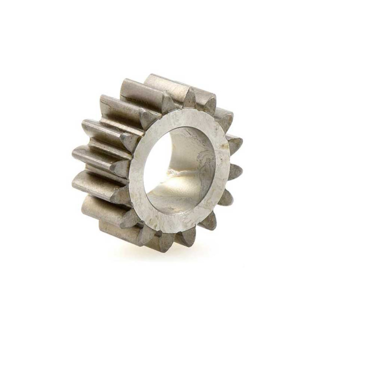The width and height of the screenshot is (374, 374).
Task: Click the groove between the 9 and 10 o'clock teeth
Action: (107, 147)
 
